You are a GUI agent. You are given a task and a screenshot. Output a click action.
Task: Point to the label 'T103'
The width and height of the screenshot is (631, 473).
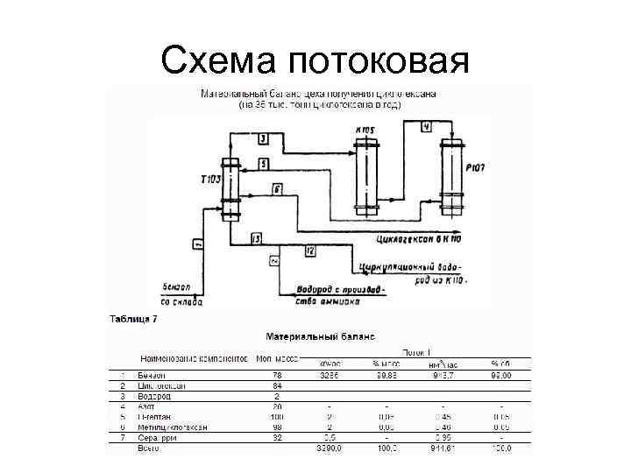point(211,179)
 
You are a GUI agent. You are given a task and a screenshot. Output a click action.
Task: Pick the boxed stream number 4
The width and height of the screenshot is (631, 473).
point(426,126)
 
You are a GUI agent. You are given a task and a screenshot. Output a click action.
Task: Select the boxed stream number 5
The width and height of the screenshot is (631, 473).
point(263,164)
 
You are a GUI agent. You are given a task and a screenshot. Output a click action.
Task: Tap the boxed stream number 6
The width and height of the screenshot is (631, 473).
point(276,188)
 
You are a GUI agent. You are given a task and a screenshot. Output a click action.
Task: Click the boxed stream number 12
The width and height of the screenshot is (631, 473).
point(310,251)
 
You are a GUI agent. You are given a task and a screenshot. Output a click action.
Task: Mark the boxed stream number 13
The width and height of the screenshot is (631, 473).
point(256,238)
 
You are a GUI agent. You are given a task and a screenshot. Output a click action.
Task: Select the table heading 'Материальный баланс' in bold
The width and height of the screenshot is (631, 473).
point(320,335)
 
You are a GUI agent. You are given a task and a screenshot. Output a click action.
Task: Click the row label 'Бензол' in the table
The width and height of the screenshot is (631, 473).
point(151,374)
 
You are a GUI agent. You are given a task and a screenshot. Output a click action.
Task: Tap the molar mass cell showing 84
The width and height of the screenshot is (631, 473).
point(277,385)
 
